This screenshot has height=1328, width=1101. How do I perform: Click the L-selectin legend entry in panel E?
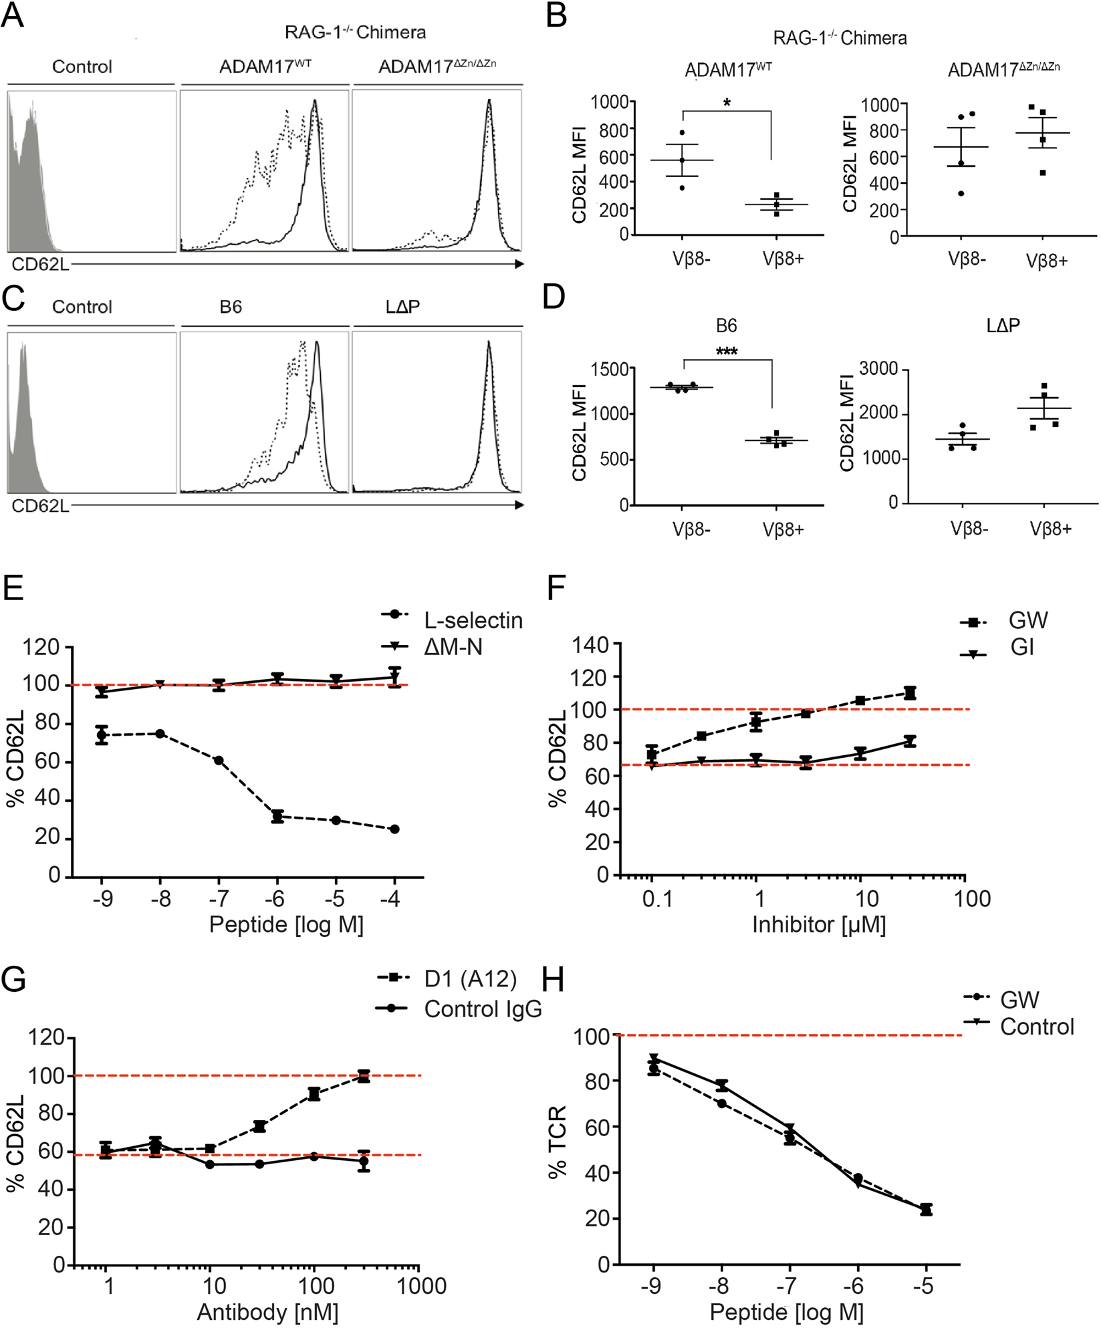point(473,620)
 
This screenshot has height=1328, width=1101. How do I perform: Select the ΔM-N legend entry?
point(453,647)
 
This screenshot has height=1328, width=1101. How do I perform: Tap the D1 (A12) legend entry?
point(470,979)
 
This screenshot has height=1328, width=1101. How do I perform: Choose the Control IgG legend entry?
point(482,1009)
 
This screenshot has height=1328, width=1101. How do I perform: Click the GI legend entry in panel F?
point(1022,648)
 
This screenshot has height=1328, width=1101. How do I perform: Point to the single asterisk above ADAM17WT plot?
point(727,102)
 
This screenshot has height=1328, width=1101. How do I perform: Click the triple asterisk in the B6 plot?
point(727,352)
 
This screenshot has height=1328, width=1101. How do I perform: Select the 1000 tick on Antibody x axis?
point(421,1286)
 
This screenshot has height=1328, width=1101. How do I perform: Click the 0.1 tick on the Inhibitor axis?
point(656,899)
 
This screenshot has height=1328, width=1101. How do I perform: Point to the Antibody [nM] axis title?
point(267,1313)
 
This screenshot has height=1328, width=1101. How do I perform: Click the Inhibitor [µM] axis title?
point(819,924)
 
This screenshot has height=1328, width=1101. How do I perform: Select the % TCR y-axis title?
point(557,1142)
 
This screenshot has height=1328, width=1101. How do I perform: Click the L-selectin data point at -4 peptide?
point(394,829)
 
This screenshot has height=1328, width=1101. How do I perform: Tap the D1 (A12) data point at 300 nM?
point(364,1076)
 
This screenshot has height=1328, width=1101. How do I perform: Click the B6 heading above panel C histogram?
point(231,307)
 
